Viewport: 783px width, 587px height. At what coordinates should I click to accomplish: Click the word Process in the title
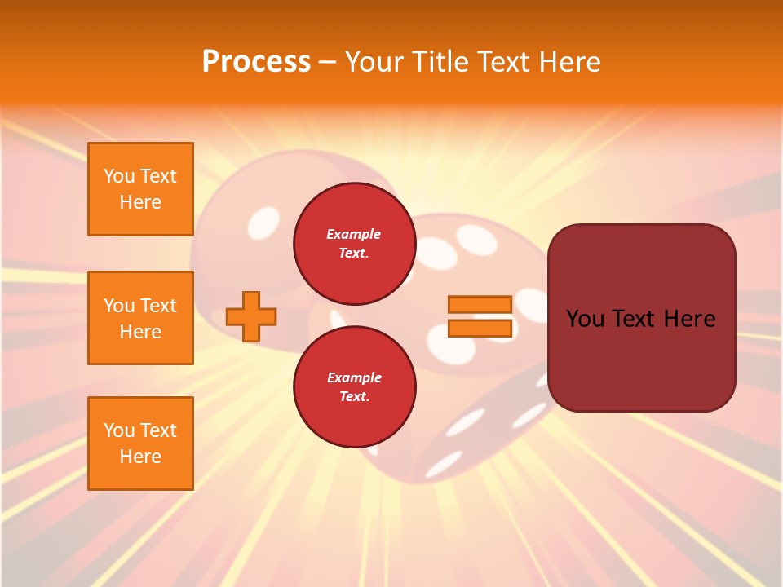click(256, 62)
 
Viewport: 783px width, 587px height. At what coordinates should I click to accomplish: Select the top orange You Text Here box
click(140, 189)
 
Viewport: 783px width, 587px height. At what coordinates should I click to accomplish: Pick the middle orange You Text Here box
click(140, 318)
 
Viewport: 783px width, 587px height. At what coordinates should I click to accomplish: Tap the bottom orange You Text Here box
click(140, 444)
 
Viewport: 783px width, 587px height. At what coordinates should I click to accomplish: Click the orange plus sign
click(251, 317)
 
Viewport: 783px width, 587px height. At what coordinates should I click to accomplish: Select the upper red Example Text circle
click(354, 243)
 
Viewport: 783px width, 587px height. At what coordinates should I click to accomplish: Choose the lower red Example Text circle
click(354, 387)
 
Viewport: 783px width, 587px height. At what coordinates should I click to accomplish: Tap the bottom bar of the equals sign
click(480, 329)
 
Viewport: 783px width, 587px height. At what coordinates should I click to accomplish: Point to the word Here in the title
click(568, 62)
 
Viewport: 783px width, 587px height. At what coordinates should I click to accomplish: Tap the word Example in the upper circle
click(354, 235)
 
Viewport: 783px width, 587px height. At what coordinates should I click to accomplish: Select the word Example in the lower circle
click(354, 378)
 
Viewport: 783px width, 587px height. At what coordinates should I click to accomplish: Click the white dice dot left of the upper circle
click(263, 222)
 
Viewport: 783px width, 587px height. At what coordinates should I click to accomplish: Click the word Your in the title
click(373, 62)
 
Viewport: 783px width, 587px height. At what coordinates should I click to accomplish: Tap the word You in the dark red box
click(585, 319)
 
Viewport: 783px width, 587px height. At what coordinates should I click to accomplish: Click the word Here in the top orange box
click(140, 202)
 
